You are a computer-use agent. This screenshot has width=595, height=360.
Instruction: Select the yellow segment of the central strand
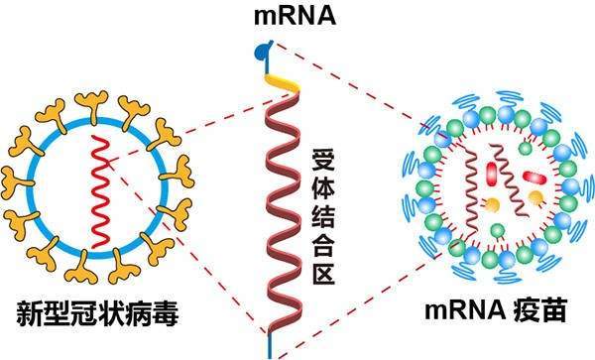coord(282,76)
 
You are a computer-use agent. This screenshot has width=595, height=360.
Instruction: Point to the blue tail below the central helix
coord(268,346)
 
